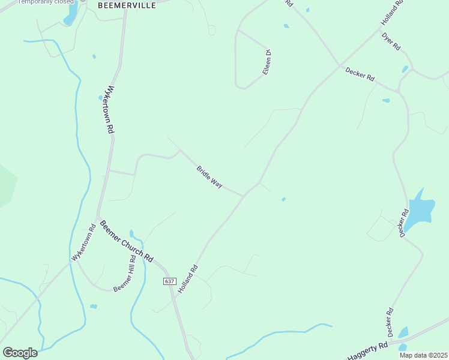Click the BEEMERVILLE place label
tap(127, 5)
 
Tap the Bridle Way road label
tap(209, 177)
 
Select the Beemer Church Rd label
tap(126, 241)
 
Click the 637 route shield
tap(169, 281)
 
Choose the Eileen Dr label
tap(268, 62)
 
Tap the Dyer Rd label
tap(391, 40)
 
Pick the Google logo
tap(20, 353)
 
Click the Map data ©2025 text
tap(423, 355)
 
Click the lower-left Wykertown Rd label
tap(84, 242)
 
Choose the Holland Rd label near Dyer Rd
tap(390, 16)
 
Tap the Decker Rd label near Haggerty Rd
tap(390, 322)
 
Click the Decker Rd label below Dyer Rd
tap(360, 74)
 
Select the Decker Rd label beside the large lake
tap(403, 223)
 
